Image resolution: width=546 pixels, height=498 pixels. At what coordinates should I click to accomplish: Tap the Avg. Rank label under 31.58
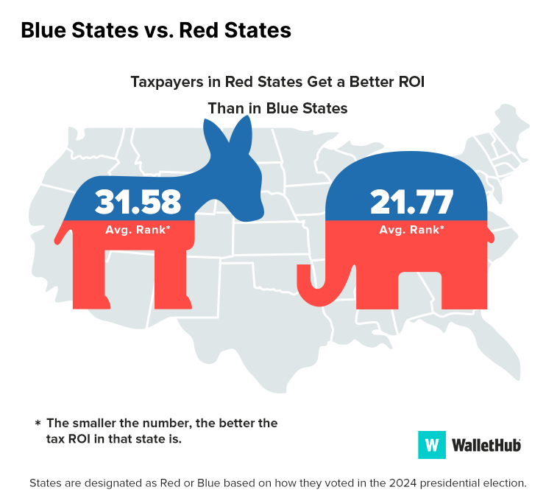coord(138,229)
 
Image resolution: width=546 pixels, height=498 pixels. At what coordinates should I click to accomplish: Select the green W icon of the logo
coord(432,445)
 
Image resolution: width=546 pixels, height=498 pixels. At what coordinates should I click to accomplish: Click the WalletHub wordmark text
coord(486,445)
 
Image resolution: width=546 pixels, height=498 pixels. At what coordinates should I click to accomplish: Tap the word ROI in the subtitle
coord(410,82)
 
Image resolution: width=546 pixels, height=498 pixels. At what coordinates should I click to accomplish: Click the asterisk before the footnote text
coord(38,424)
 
